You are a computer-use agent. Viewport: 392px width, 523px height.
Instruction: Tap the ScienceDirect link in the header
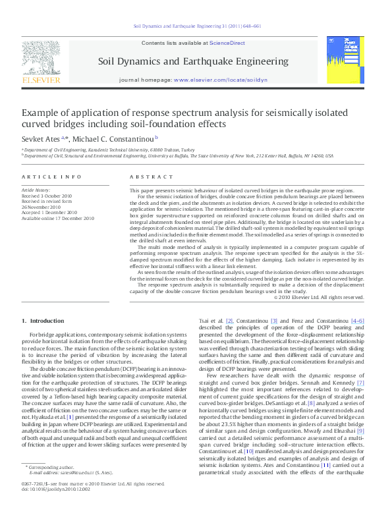(227, 43)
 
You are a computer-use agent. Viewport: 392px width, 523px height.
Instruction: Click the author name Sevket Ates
(41, 139)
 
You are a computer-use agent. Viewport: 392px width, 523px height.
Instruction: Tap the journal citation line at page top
(197, 26)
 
